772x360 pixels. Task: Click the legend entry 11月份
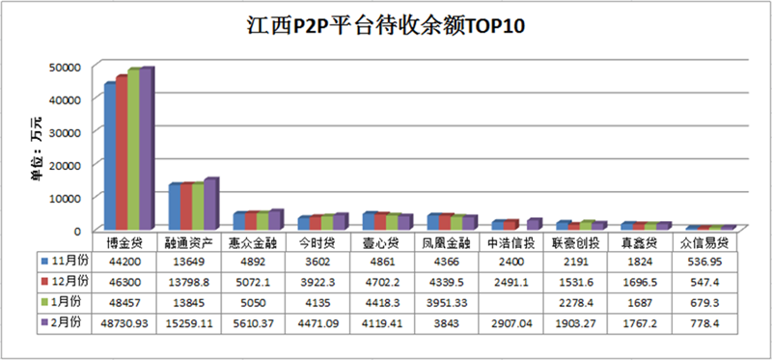tap(65, 261)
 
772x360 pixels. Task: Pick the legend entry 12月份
tap(65, 281)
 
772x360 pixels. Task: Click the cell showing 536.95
tap(703, 261)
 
